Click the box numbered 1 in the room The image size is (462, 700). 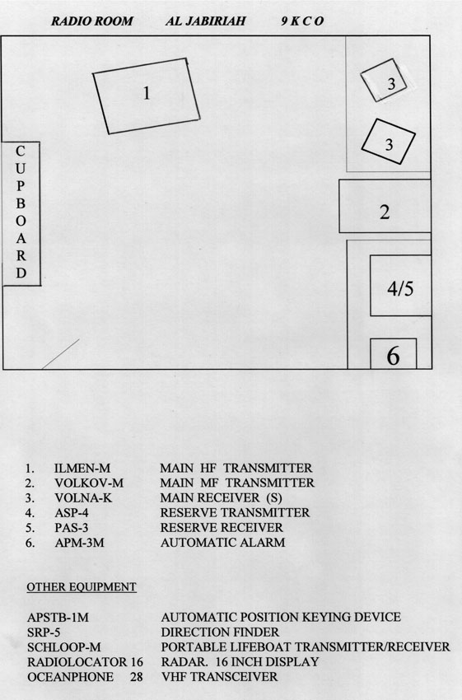pyautogui.click(x=147, y=96)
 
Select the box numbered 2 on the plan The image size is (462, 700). pyautogui.click(x=385, y=206)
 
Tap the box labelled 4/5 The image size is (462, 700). pyautogui.click(x=400, y=286)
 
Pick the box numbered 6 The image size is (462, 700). pyautogui.click(x=394, y=353)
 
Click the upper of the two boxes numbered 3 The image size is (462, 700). pyautogui.click(x=384, y=81)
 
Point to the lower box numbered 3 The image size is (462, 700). pyautogui.click(x=388, y=142)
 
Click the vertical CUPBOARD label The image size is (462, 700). pyautogui.click(x=21, y=212)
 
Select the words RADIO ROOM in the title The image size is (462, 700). pyautogui.click(x=92, y=21)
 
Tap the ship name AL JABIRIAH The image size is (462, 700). pyautogui.click(x=205, y=21)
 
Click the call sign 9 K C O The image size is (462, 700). pyautogui.click(x=302, y=21)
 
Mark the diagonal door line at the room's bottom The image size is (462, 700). pyautogui.click(x=61, y=354)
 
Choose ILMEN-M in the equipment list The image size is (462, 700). pyautogui.click(x=82, y=469)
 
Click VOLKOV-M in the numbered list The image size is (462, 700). pyautogui.click(x=89, y=483)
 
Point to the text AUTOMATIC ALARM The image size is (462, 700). pyautogui.click(x=222, y=543)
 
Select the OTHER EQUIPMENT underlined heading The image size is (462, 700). pyautogui.click(x=82, y=587)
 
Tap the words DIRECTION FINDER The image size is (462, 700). pyautogui.click(x=220, y=632)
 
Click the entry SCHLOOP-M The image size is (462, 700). pyautogui.click(x=64, y=646)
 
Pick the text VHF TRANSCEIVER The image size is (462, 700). pyautogui.click(x=219, y=676)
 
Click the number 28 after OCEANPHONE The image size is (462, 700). pyautogui.click(x=137, y=677)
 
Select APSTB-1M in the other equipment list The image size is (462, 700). pyautogui.click(x=58, y=618)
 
